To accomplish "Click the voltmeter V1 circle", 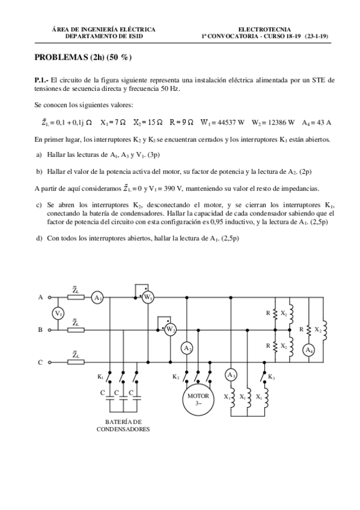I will (x=58, y=313).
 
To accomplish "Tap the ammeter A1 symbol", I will (x=97, y=297).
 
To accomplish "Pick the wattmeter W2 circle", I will (x=170, y=330).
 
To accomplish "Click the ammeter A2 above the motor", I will (x=188, y=348).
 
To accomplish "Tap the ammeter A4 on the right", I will (x=309, y=349).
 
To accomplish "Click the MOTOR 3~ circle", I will (x=198, y=399).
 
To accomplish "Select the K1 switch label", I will (x=100, y=376).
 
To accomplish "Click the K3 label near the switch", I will (x=272, y=376).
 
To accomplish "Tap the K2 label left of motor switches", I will (x=175, y=376).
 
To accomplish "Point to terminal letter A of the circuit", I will (x=40, y=297).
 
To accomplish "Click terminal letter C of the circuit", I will (x=40, y=363).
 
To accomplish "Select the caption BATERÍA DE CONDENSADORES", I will (x=123, y=425).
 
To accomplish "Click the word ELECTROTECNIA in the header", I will (x=264, y=29).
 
